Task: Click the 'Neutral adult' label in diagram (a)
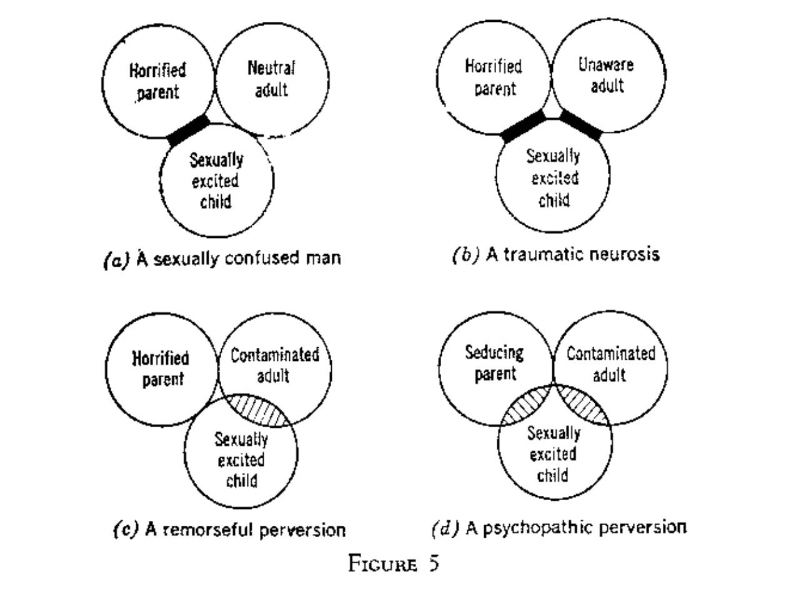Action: click(271, 79)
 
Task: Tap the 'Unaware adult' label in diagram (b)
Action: click(605, 75)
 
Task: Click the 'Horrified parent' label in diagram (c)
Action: click(161, 368)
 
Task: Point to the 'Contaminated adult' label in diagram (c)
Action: click(274, 365)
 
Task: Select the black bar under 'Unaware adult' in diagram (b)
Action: click(581, 125)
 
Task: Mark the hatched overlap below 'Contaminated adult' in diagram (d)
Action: click(582, 404)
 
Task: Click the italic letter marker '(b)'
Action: click(465, 255)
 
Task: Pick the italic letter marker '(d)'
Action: click(445, 529)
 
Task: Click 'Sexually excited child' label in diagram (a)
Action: click(216, 181)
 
